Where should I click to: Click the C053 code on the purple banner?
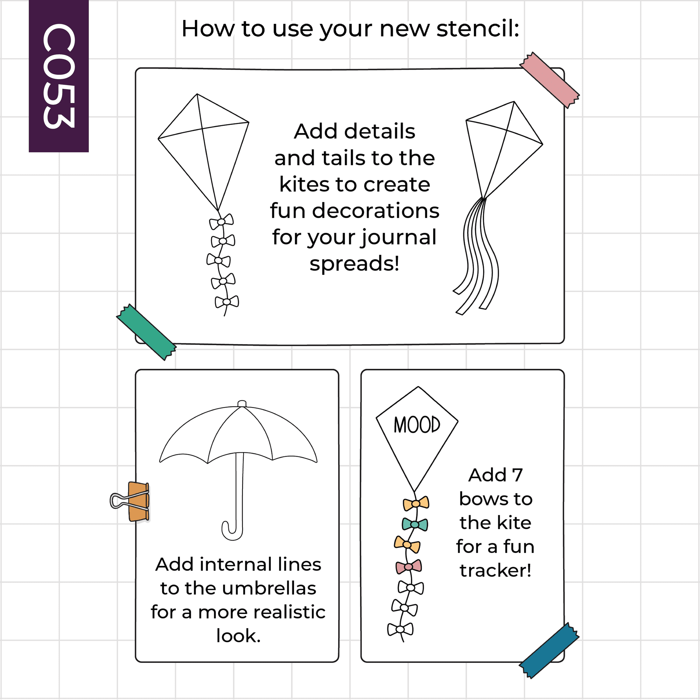coord(59,76)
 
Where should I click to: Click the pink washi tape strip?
coord(549,80)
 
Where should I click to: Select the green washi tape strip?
coord(146,332)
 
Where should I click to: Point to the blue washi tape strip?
coord(549,650)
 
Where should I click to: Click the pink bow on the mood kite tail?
coord(409,567)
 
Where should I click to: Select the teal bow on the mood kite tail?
coord(415,525)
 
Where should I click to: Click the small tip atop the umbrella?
coord(242,404)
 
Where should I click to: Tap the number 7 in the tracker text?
coord(517,475)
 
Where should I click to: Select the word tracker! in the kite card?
coord(495,571)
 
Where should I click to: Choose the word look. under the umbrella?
coord(238,636)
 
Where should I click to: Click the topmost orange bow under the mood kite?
coord(416,504)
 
